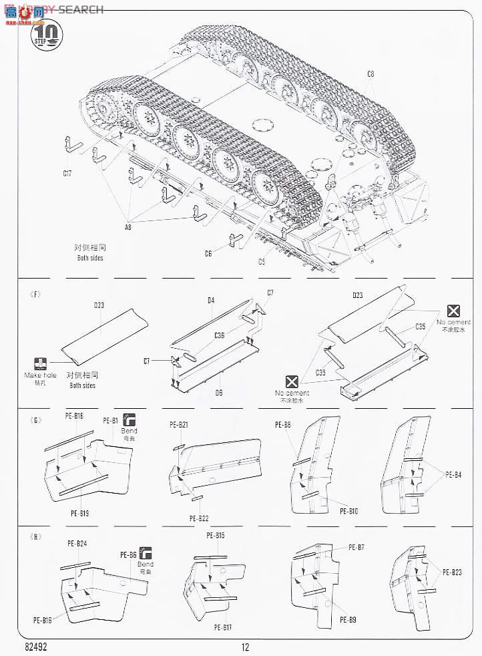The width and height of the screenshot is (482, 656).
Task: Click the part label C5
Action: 261,262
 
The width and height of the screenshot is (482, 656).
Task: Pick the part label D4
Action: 210,301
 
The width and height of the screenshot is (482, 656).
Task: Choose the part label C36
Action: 220,335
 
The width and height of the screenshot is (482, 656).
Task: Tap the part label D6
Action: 218,392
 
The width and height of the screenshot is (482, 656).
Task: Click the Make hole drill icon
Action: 41,364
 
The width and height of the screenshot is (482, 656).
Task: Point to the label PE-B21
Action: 179,425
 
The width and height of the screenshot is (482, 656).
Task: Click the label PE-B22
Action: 199,518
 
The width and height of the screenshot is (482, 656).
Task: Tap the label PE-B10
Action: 350,512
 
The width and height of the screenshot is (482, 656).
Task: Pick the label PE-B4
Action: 453,475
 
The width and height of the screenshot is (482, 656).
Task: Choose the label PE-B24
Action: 77,544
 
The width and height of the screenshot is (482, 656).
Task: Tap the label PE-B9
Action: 348,619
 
